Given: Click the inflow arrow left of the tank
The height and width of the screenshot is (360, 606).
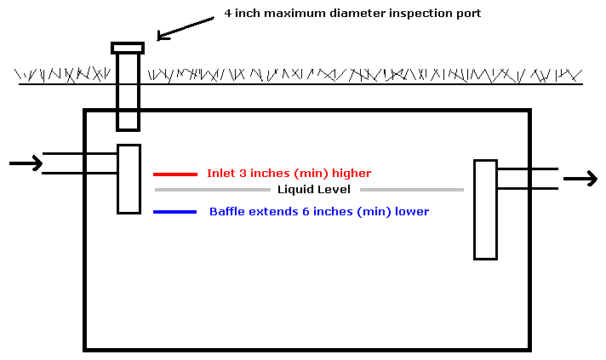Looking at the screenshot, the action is tap(26, 163).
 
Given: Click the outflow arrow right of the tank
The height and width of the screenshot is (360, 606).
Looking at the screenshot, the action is tap(580, 179).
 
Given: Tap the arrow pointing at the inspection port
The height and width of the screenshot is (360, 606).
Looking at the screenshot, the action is tap(186, 28).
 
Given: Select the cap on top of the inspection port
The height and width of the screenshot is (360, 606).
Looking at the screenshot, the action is tap(128, 48).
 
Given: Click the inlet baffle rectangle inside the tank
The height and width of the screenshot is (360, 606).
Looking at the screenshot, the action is tap(129, 179).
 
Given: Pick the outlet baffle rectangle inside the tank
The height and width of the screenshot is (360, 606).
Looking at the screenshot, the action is tap(485, 209).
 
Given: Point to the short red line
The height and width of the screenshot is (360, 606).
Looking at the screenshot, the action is tap(175, 174).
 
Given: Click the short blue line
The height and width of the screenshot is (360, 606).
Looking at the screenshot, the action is tap(175, 212).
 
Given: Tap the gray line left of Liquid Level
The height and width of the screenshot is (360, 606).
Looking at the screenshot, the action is tap(213, 190).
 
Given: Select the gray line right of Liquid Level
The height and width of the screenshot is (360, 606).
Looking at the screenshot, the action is tap(412, 190).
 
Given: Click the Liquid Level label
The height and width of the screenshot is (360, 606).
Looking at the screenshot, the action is tap(314, 189).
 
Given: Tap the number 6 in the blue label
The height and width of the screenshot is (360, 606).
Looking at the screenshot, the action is tap(306, 212).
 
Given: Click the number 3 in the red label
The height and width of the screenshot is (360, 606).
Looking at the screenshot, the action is tap(243, 173).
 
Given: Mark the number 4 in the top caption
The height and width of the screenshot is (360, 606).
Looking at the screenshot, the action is tap(228, 13).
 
